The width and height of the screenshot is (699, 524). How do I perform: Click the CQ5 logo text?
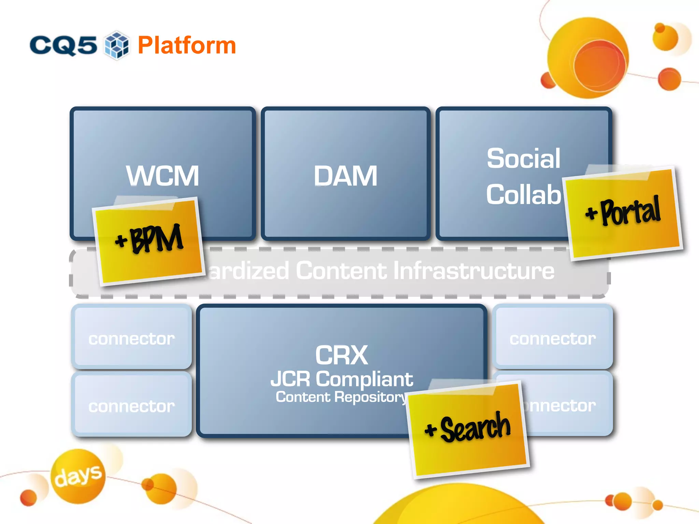pyautogui.click(x=63, y=45)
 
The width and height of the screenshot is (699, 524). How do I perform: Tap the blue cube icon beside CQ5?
pyautogui.click(x=117, y=45)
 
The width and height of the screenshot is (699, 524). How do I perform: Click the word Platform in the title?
pyautogui.click(x=187, y=45)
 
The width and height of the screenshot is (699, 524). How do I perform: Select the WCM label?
pyautogui.click(x=162, y=176)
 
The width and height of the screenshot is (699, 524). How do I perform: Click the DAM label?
pyautogui.click(x=345, y=176)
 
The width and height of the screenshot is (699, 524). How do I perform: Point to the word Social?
pyautogui.click(x=523, y=159)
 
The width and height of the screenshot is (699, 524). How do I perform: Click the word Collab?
pyautogui.click(x=523, y=194)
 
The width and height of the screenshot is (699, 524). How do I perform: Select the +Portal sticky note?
pyautogui.click(x=623, y=213)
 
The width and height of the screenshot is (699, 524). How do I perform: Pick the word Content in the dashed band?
pyautogui.click(x=341, y=271)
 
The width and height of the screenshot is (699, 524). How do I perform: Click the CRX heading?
pyautogui.click(x=341, y=355)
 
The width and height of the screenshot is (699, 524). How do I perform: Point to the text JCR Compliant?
pyautogui.click(x=341, y=379)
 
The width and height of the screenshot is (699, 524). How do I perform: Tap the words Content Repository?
pyautogui.click(x=341, y=397)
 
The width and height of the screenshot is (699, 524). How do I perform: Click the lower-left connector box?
pyautogui.click(x=131, y=405)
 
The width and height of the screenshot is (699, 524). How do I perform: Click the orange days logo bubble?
pyautogui.click(x=78, y=476)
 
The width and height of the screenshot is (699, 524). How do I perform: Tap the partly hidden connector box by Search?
pyautogui.click(x=567, y=406)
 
